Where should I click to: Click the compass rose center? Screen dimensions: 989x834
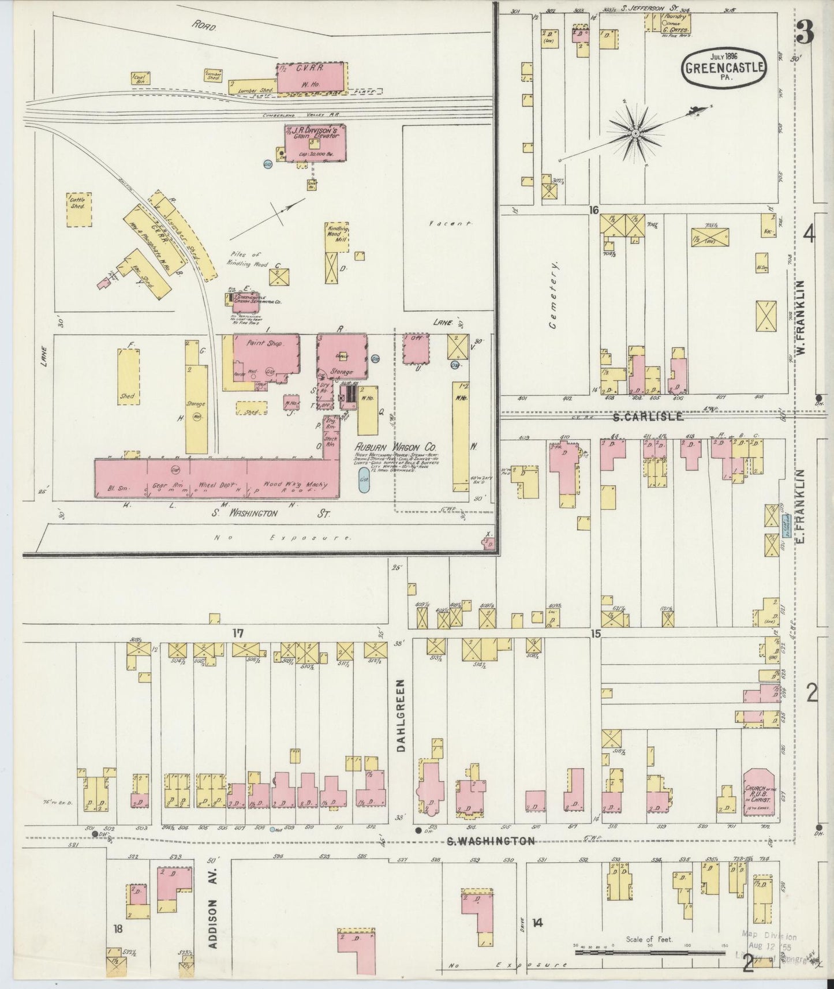coord(634,133)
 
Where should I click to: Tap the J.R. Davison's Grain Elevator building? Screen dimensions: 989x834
coord(315,141)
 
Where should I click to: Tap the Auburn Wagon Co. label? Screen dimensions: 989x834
coord(395,447)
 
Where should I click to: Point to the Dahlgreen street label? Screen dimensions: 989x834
coord(402,714)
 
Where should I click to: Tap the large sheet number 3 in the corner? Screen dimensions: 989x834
coord(806,33)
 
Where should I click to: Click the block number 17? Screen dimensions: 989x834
coord(238,634)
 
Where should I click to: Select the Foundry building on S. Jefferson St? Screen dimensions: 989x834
coord(676,23)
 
